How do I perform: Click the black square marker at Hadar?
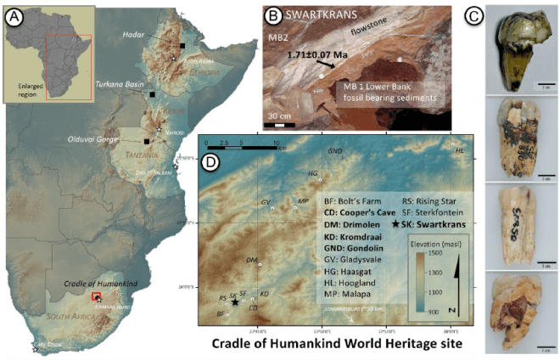(x=181, y=45)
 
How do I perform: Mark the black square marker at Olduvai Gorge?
(x=147, y=142)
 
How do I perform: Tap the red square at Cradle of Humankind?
(x=96, y=296)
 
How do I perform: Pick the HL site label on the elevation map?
(x=461, y=150)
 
